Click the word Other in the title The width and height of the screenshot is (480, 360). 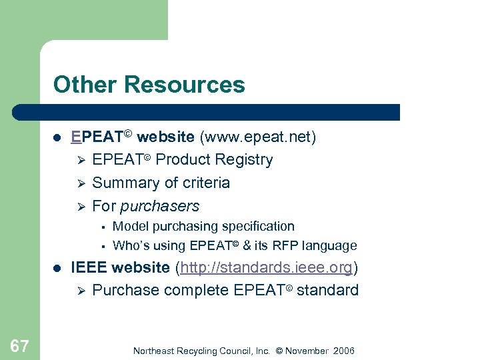coord(85,85)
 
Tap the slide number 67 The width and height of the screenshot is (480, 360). coord(19,346)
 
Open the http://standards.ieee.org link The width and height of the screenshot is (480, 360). coord(266,268)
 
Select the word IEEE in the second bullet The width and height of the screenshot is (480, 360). coord(89,268)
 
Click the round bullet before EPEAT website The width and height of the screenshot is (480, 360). coord(57,138)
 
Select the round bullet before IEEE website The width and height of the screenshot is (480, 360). coord(57,269)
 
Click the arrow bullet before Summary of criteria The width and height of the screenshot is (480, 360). coord(79,183)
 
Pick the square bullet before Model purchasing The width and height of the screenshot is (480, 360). coord(102,227)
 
